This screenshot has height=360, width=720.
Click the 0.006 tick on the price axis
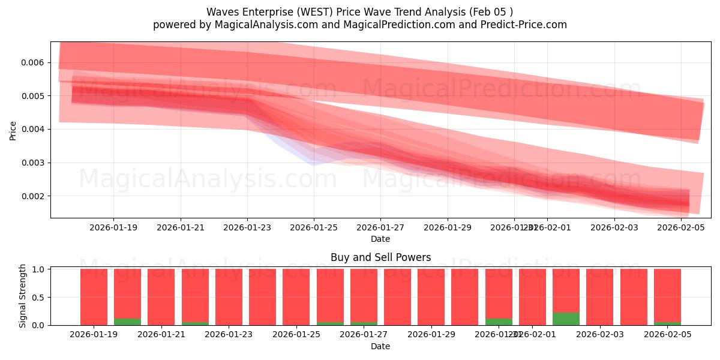pyautogui.click(x=34, y=62)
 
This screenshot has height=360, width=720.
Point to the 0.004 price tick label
pyautogui.click(x=34, y=130)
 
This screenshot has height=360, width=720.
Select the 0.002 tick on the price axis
pyautogui.click(x=34, y=196)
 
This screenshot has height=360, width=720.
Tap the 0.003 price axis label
pyautogui.click(x=34, y=163)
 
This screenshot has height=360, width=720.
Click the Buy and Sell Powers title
pyautogui.click(x=380, y=257)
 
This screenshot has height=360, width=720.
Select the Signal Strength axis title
pyautogui.click(x=23, y=296)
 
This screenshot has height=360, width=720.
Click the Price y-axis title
pyautogui.click(x=13, y=130)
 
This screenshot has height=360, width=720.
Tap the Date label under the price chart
pyautogui.click(x=380, y=239)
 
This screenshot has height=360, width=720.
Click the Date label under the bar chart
pyautogui.click(x=380, y=346)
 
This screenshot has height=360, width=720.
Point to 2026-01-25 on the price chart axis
pyautogui.click(x=314, y=227)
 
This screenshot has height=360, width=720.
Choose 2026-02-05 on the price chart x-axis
pyautogui.click(x=680, y=227)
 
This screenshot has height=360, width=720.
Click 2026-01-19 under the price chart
pyautogui.click(x=113, y=227)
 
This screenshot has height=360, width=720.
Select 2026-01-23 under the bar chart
pyautogui.click(x=229, y=335)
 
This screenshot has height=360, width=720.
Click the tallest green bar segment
pyautogui.click(x=566, y=319)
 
